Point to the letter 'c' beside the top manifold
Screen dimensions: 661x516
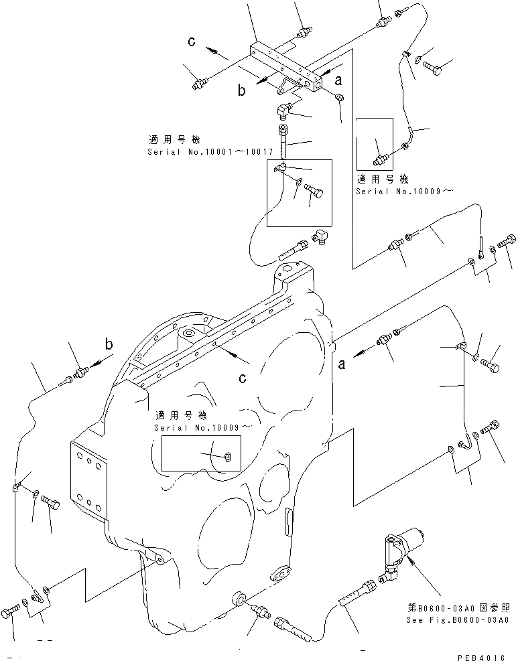click(x=192, y=42)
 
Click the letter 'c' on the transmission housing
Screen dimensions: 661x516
click(x=243, y=378)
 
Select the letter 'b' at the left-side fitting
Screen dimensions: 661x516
click(x=109, y=345)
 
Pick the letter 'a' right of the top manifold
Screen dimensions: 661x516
click(x=338, y=81)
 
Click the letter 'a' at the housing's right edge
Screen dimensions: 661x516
click(x=342, y=364)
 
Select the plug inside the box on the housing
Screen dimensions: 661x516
click(x=228, y=457)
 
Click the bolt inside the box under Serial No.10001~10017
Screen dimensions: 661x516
click(x=314, y=191)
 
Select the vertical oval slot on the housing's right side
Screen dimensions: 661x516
click(x=288, y=521)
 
